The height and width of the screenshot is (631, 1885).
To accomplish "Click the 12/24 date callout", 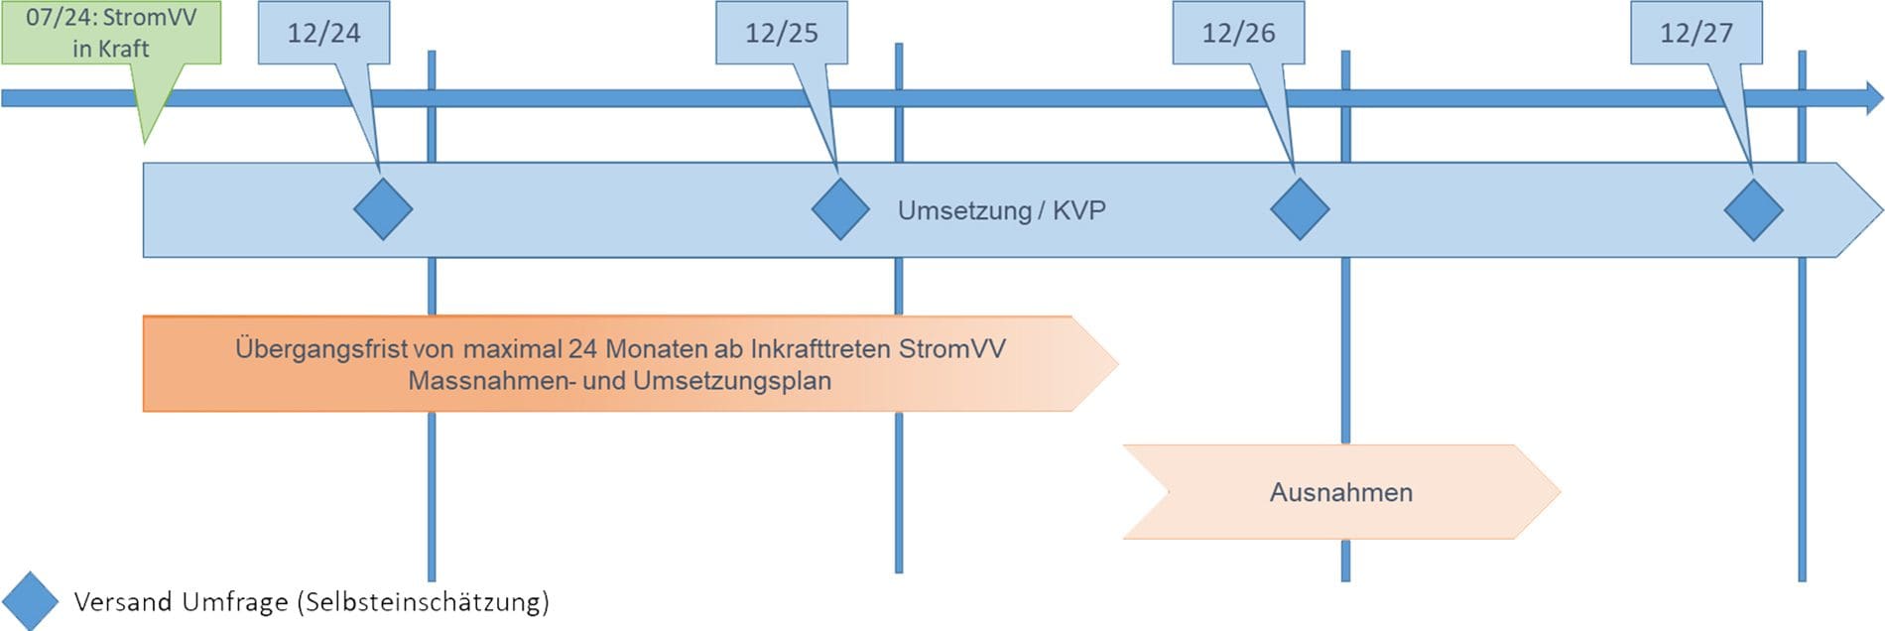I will tap(323, 33).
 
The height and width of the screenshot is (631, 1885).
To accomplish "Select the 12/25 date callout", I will tap(782, 33).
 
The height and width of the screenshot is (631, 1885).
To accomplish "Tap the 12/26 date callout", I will tap(1238, 33).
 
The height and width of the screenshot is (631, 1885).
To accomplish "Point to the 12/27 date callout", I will tap(1696, 33).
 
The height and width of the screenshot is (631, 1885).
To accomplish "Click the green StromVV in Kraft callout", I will tap(111, 33).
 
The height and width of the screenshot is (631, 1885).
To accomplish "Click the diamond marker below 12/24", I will tap(383, 209).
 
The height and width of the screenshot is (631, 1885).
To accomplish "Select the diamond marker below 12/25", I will tap(840, 209).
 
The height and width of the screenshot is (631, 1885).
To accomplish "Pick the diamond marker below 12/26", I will tap(1300, 209).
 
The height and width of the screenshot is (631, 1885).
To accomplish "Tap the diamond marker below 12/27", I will tap(1753, 209).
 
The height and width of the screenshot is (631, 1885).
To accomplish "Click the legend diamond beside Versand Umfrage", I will tap(31, 601).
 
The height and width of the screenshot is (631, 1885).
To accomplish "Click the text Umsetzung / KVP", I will tap(1002, 210).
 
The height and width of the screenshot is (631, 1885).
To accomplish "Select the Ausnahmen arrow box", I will tap(1341, 492).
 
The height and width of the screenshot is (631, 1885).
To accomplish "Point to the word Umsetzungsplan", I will tap(732, 381).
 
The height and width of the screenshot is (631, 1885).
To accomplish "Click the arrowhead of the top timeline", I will tap(1874, 98).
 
